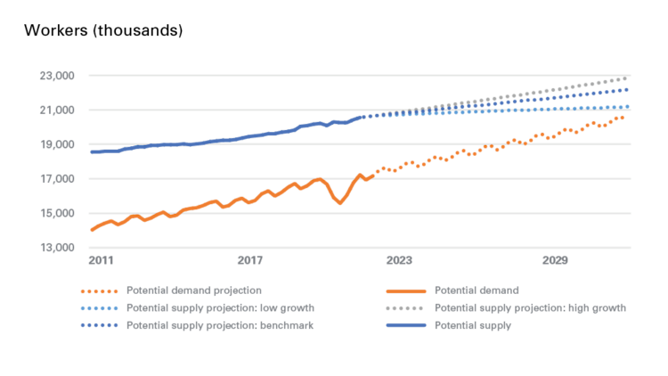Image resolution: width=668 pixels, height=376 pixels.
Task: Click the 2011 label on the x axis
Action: [x=100, y=261]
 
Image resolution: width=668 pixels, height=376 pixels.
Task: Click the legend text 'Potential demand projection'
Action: [x=193, y=290]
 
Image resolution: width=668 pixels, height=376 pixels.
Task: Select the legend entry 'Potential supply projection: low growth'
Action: [x=219, y=308]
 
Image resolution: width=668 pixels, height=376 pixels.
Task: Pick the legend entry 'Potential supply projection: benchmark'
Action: [x=219, y=326]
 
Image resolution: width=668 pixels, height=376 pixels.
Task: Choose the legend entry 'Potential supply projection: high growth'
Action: [x=531, y=308]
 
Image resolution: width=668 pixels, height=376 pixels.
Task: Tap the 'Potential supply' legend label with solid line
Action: [x=473, y=326]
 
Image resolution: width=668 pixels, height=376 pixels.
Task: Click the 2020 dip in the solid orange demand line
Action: [x=339, y=203]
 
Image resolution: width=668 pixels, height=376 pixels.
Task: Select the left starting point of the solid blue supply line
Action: [x=92, y=152]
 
